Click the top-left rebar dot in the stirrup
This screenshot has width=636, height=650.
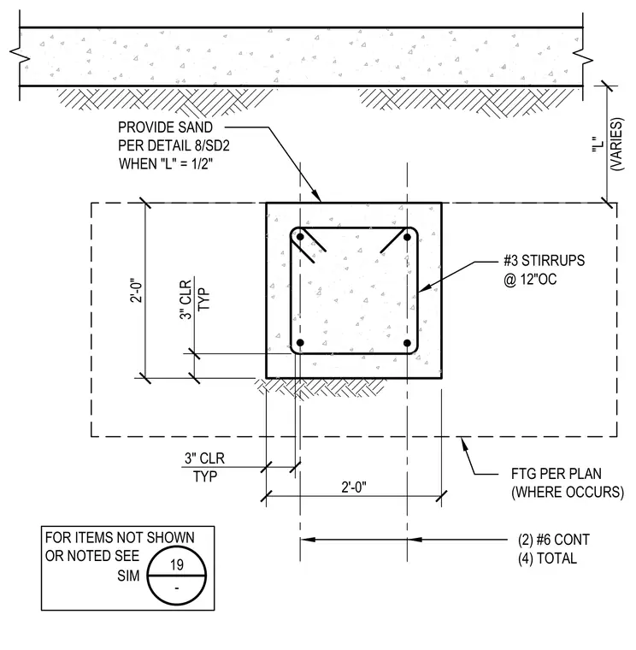click(x=300, y=237)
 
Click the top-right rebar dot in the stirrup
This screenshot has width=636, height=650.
click(x=407, y=237)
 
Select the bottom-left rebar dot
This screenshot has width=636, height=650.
click(x=300, y=343)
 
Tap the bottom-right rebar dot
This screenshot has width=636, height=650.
click(x=407, y=343)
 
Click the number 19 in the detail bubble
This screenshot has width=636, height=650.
click(x=177, y=564)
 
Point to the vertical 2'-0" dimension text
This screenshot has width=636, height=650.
click(x=136, y=290)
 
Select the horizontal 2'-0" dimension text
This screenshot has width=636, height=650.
click(x=354, y=487)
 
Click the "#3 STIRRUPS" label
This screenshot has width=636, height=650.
click(x=544, y=260)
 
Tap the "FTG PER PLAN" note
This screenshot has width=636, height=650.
click(x=556, y=474)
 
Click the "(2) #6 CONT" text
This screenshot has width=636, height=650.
click(x=554, y=540)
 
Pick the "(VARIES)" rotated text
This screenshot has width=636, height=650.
click(x=616, y=145)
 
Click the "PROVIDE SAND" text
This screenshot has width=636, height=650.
click(x=165, y=127)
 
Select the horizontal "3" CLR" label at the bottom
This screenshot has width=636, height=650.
click(x=204, y=458)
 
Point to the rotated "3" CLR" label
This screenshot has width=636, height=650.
click(x=186, y=298)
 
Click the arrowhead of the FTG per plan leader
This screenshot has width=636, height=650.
click(x=465, y=444)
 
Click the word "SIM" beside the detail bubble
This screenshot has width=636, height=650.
click(x=128, y=576)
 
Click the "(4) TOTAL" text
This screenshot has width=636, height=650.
click(x=547, y=558)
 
